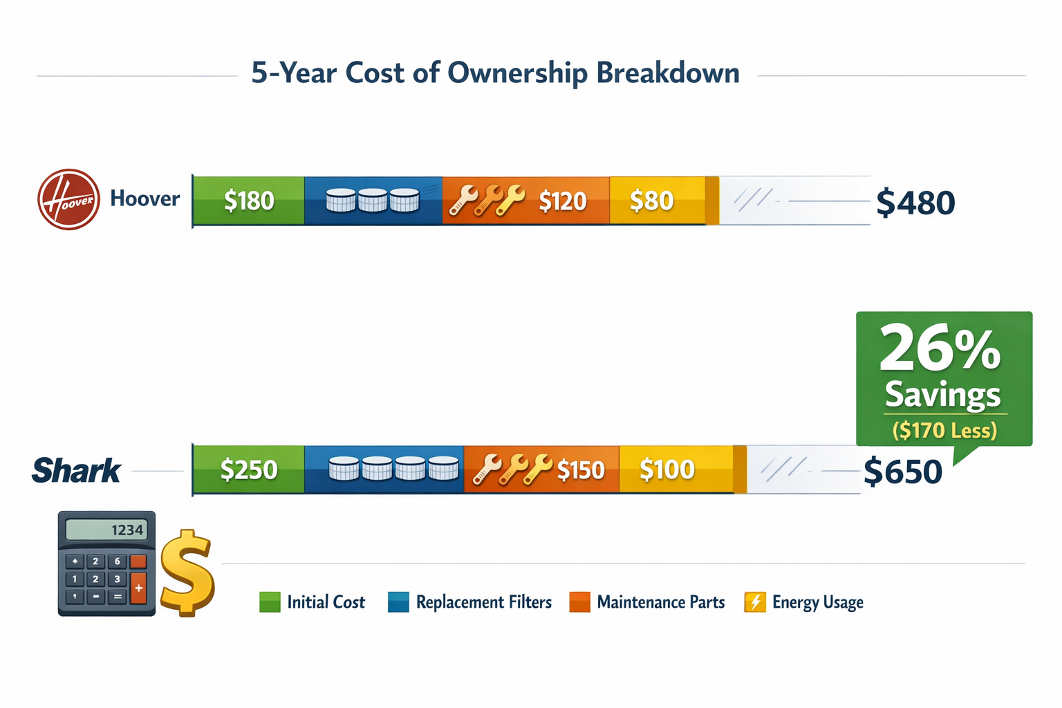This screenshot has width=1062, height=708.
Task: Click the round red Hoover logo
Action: coord(68,199)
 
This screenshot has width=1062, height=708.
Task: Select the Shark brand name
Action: coord(76,471)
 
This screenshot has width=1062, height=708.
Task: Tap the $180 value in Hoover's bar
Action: coord(249,201)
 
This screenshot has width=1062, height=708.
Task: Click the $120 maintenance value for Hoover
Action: coord(562,201)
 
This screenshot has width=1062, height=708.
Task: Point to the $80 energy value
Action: coord(651,201)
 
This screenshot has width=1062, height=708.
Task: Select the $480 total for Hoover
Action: coord(915,203)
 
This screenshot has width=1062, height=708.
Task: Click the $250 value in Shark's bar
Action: coord(248,470)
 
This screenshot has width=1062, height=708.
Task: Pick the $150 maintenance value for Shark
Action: coord(581,470)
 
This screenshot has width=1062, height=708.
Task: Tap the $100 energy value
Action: coord(667,469)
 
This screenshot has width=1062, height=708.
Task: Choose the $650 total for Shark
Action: coord(903,472)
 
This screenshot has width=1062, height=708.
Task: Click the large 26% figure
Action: coord(940,349)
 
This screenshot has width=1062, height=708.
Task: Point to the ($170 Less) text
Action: coord(944,430)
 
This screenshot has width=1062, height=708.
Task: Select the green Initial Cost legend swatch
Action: coord(270,602)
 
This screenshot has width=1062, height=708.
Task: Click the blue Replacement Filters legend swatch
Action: coord(398,602)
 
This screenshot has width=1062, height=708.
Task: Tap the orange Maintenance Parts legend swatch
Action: coord(579,602)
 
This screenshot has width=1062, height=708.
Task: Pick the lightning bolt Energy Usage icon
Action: coord(754,602)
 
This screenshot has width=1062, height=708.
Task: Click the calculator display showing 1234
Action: coord(106,530)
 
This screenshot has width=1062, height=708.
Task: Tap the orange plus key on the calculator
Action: coord(138,588)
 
